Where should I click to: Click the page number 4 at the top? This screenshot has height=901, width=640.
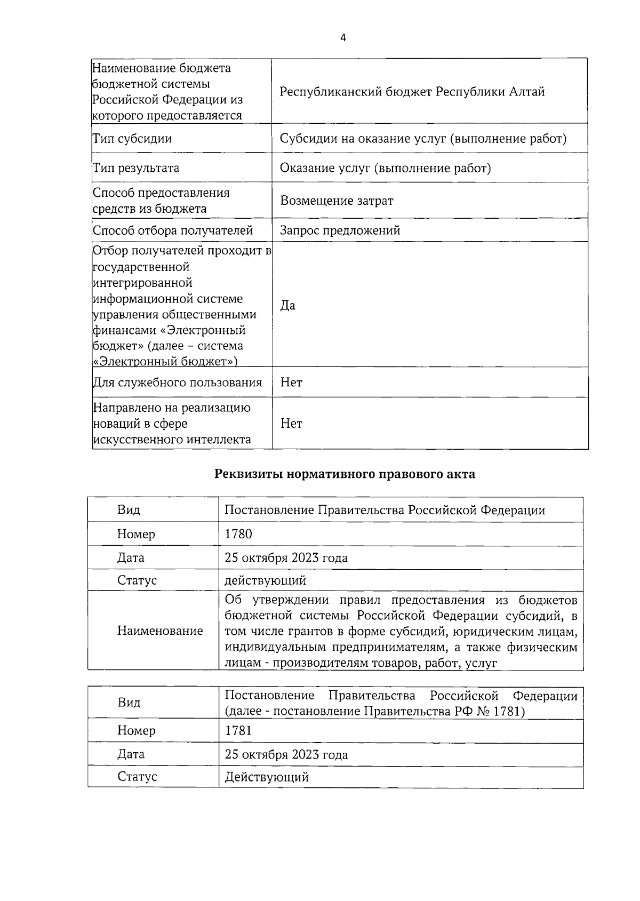[343, 37]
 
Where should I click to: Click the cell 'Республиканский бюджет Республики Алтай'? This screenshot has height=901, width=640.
[412, 92]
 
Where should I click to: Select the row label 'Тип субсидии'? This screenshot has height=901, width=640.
[132, 139]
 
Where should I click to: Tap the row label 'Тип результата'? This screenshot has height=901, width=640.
[136, 168]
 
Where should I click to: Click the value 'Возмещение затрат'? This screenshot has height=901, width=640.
[337, 201]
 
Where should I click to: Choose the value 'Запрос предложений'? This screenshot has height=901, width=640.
[340, 230]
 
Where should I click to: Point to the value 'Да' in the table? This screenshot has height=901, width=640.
[287, 305]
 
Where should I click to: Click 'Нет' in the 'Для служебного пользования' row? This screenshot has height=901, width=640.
[291, 382]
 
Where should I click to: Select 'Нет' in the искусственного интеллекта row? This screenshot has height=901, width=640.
[291, 424]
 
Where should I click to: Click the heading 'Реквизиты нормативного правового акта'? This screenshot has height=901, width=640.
[345, 474]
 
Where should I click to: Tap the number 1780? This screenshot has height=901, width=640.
[238, 533]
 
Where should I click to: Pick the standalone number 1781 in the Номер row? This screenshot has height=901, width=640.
[238, 730]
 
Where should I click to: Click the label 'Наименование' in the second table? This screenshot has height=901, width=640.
[160, 631]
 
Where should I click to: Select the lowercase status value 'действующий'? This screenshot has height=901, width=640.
[265, 580]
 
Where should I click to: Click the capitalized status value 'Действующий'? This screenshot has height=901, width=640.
[267, 777]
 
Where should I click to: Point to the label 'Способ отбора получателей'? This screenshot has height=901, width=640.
[173, 230]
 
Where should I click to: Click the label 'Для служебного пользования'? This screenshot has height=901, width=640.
[177, 382]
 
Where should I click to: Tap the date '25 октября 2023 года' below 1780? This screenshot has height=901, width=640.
[286, 557]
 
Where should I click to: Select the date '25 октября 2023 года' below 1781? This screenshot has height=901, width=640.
[286, 754]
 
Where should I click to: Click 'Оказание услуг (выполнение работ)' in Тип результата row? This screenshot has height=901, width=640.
[385, 168]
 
